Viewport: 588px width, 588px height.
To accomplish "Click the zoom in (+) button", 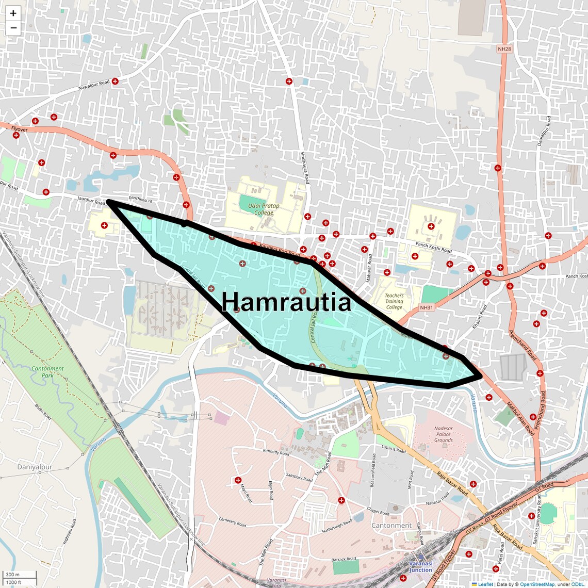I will (x=13, y=13).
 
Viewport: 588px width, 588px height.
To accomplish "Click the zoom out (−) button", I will (x=13, y=28).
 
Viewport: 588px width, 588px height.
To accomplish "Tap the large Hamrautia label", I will (x=286, y=302).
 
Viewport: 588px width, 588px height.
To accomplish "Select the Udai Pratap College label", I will (x=264, y=209).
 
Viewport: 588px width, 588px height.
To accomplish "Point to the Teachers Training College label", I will (x=394, y=302).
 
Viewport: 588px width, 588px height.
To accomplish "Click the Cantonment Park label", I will (x=47, y=372).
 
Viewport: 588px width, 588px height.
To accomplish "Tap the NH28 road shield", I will (x=504, y=49).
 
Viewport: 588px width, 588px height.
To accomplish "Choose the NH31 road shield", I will (x=427, y=308).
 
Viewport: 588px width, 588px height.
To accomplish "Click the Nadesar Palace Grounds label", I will (x=443, y=434).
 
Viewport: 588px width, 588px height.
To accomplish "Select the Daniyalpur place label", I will (x=35, y=467).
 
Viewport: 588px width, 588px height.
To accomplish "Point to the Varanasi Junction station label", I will (x=421, y=567).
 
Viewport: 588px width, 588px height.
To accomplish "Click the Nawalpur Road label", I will (x=94, y=85).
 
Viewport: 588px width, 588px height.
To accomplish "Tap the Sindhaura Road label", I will (x=304, y=168).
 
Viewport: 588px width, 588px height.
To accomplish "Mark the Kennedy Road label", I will (x=276, y=452).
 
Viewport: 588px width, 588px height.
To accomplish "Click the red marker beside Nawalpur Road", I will (x=116, y=81).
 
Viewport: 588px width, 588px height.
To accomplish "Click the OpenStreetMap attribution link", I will (x=536, y=584).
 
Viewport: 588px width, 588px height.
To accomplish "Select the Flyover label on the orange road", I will (x=20, y=129).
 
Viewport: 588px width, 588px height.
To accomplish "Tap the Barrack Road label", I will (x=344, y=559).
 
